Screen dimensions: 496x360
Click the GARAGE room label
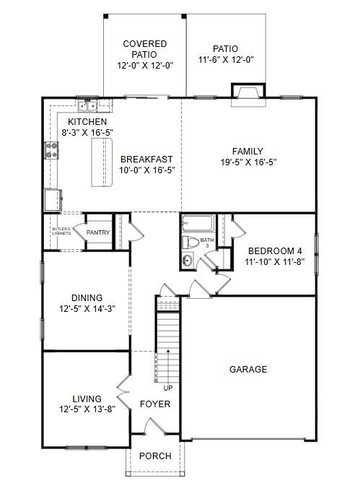[x=248, y=369]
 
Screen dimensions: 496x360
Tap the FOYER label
[x=155, y=404]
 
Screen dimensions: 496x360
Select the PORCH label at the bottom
[x=155, y=456]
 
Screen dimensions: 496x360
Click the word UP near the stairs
[x=169, y=388]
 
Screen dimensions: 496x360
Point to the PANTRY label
[x=97, y=232]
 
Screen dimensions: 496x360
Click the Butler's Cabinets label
[x=61, y=232]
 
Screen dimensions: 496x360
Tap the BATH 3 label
[x=207, y=243]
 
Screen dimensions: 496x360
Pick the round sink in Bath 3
[x=188, y=261]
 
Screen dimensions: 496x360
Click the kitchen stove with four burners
[x=53, y=149]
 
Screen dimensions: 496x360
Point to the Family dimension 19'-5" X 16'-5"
[x=247, y=163]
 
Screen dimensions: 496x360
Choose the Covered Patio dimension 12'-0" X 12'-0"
[x=144, y=65]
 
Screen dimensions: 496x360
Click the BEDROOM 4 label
[x=274, y=251]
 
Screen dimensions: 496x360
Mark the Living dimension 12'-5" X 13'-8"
[x=87, y=409]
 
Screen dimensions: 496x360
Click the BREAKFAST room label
[x=146, y=159]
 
